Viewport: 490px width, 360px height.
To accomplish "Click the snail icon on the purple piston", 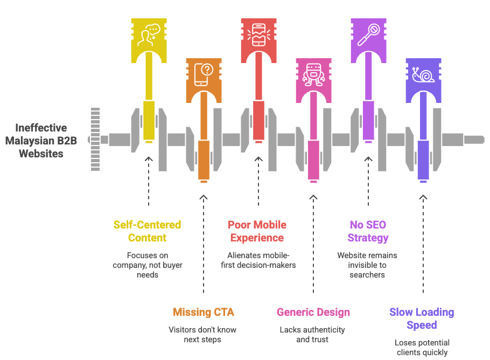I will [424, 75].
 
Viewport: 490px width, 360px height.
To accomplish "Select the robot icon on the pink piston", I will [313, 75].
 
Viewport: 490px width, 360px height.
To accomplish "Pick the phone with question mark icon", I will [204, 75].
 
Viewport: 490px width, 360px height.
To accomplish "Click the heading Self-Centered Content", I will [147, 231].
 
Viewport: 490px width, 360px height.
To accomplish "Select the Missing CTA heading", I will [204, 312].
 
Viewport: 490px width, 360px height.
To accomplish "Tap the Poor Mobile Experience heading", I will [257, 231].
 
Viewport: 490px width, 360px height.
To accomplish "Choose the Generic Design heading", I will [313, 312].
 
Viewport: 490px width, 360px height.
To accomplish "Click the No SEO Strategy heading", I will [368, 231].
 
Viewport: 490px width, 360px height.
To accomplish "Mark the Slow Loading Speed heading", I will [422, 319].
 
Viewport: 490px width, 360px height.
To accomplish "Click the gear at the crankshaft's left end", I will [95, 139].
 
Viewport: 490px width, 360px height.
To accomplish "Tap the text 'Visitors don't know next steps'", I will [203, 334].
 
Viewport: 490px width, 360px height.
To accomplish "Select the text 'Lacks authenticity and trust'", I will [312, 334].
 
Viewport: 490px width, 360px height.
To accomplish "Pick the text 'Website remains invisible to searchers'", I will [367, 265].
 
